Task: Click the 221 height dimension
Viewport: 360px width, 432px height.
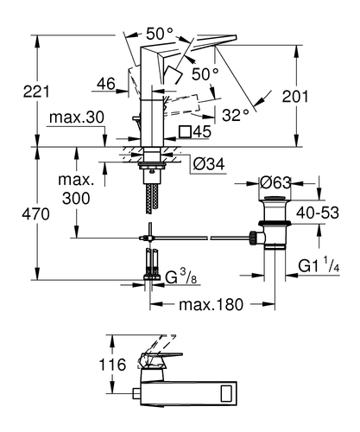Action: click(36, 92)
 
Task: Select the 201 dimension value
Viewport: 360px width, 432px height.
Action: click(295, 97)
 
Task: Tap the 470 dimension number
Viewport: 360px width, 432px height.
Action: click(35, 214)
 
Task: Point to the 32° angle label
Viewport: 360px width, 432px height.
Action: click(236, 116)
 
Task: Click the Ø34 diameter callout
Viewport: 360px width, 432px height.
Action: click(209, 164)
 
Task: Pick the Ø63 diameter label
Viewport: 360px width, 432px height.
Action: click(275, 182)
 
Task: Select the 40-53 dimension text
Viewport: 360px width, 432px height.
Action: click(318, 213)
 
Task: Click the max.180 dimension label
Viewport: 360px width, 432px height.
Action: click(212, 304)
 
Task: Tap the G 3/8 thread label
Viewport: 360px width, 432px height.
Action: click(180, 277)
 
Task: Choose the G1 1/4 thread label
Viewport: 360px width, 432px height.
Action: click(319, 265)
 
